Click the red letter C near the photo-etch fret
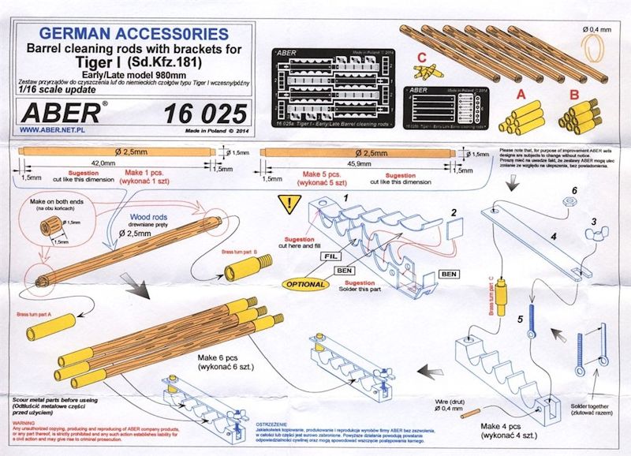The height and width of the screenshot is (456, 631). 423,57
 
